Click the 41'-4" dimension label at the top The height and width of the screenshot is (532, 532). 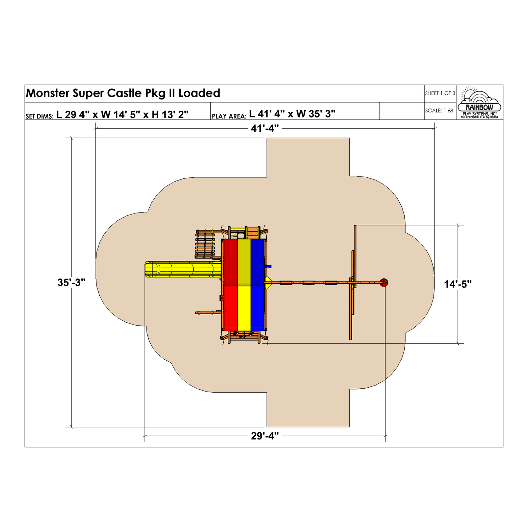point(265,128)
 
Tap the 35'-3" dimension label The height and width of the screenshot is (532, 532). point(71,283)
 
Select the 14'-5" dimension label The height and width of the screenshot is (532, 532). point(458,284)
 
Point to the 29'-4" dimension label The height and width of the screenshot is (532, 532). point(265,436)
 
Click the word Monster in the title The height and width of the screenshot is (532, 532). point(48,93)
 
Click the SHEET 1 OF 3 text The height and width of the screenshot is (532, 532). point(440,93)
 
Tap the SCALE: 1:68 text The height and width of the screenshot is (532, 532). point(439,111)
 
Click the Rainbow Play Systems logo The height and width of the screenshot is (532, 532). point(480,103)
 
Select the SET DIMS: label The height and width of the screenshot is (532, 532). point(39,116)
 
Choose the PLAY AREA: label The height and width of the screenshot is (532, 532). point(229,116)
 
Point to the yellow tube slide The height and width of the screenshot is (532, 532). point(183,269)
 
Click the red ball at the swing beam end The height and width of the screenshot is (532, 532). point(384,283)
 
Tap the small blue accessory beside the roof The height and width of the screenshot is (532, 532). point(268,266)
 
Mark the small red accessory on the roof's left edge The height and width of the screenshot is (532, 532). point(222,298)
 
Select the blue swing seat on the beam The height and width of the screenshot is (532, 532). point(331,283)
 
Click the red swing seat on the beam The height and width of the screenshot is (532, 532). point(286,283)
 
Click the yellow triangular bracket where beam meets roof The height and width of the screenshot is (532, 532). point(268,283)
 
